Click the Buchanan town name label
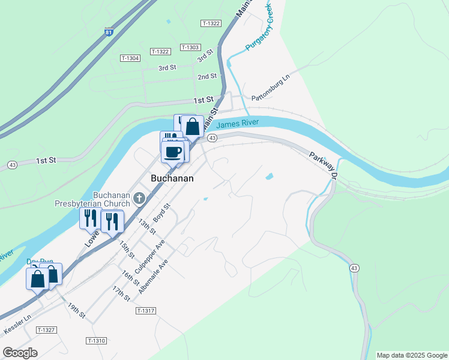[x=172, y=178]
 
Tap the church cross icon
[x=139, y=198]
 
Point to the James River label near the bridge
[x=237, y=124]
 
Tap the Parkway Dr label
[x=325, y=164]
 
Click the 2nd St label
[x=207, y=77]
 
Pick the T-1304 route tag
[x=130, y=58]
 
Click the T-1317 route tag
[x=146, y=311]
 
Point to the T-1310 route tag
[x=96, y=341]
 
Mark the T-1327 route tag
[x=46, y=330]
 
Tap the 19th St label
[x=77, y=310]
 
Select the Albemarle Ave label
[x=154, y=265]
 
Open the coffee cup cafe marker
[x=174, y=151]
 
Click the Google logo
[x=20, y=353]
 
